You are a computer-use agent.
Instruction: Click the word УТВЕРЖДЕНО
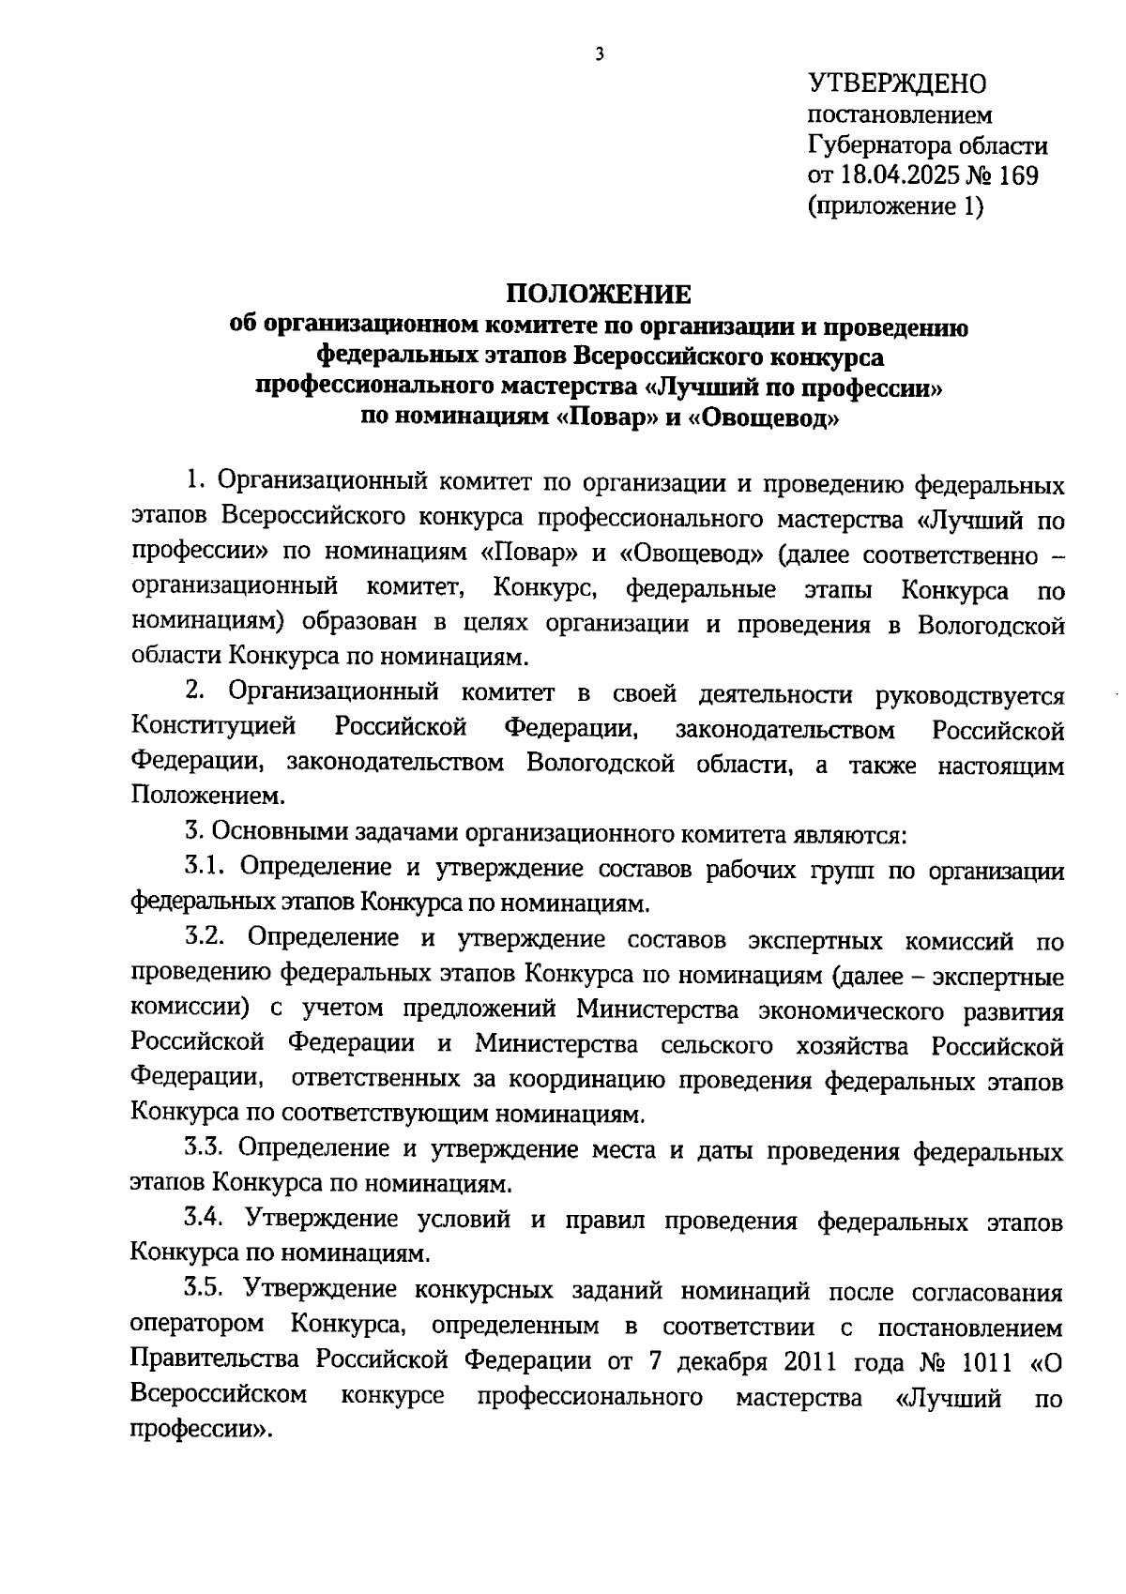pyautogui.click(x=897, y=83)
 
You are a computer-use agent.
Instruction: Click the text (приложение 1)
pyautogui.click(x=895, y=206)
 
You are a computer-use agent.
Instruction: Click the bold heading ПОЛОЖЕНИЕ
pyautogui.click(x=599, y=295)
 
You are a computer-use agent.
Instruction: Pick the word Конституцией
pyautogui.click(x=213, y=727)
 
